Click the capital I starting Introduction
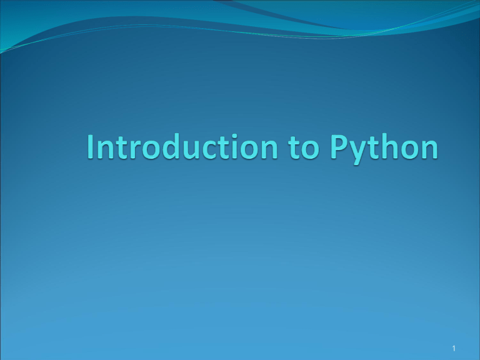[x=92, y=147]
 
